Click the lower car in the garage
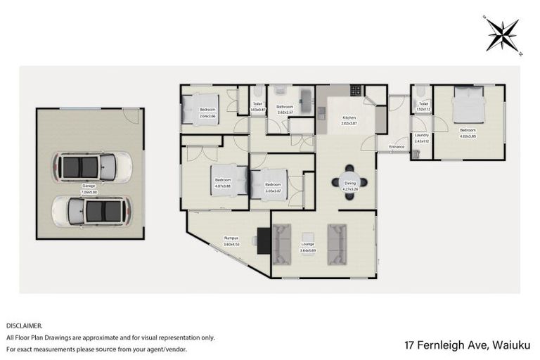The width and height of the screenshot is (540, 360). point(91,209)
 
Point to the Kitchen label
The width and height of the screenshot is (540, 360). point(349,117)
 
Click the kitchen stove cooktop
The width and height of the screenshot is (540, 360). point(356,90)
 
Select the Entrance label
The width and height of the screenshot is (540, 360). point(396,146)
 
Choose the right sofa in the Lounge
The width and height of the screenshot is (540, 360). point(337,240)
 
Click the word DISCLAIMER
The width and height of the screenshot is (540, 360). point(24,326)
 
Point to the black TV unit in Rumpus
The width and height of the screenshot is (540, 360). point(264,240)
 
